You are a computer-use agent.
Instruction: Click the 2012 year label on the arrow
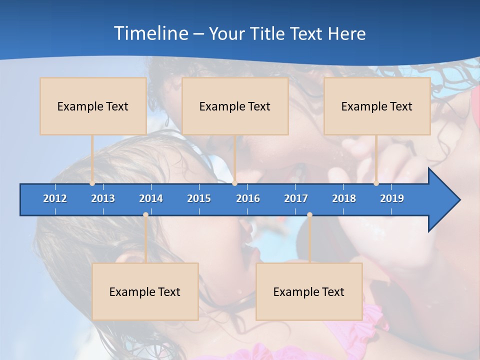pos(55,198)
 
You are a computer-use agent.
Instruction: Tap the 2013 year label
pos(103,198)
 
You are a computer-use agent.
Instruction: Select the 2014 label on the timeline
pos(151,198)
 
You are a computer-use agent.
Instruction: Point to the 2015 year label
pos(199,198)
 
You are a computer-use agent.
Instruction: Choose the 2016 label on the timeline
pos(248,198)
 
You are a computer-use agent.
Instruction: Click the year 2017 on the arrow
pos(296,198)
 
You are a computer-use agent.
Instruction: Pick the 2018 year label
pos(344,198)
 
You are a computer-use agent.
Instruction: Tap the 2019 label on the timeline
pos(392,198)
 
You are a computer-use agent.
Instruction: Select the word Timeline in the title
pos(150,33)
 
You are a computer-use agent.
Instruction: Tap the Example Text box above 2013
pos(93,106)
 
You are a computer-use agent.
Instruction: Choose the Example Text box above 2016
pos(235,106)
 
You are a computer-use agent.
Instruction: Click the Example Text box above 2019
pos(377,106)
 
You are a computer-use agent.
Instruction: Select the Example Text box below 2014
pos(145,291)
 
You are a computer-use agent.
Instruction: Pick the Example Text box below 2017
pos(309,291)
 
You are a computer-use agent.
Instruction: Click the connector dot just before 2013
pos(92,183)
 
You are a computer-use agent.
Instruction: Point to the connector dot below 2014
pos(145,215)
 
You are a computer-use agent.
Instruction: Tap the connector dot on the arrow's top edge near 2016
pos(235,183)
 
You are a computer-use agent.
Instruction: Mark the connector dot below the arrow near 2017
pos(309,215)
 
